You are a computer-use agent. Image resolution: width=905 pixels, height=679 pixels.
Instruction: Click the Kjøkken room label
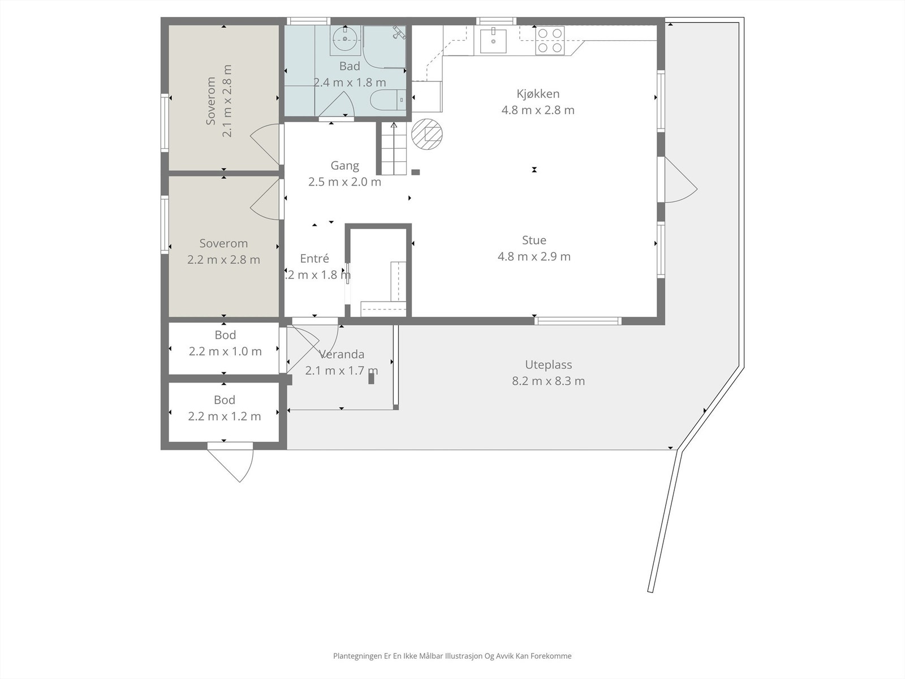click(x=538, y=94)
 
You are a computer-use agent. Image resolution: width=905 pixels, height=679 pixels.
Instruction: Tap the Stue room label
click(x=534, y=240)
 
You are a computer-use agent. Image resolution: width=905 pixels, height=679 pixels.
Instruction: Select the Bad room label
click(x=350, y=66)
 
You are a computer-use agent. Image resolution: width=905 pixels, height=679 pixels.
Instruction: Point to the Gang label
click(x=344, y=166)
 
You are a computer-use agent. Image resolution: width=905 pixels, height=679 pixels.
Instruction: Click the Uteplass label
click(x=548, y=365)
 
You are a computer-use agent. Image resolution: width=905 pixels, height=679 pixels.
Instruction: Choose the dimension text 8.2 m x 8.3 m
click(x=548, y=381)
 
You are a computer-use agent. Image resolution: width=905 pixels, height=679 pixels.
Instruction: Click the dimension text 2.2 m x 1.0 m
click(x=225, y=351)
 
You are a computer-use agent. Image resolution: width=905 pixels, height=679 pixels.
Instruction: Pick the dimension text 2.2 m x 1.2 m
click(x=225, y=416)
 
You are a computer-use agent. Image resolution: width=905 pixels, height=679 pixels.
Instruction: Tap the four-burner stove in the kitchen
click(x=550, y=40)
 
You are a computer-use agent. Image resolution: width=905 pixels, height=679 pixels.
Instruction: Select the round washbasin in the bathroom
click(x=345, y=39)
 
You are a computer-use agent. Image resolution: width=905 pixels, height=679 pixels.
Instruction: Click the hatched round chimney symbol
click(x=426, y=134)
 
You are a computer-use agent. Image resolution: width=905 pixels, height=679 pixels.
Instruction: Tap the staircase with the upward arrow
click(x=394, y=148)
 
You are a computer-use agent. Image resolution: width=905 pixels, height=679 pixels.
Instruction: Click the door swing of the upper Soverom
click(x=265, y=144)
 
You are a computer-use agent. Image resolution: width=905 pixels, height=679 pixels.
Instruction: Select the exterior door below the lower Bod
click(x=231, y=462)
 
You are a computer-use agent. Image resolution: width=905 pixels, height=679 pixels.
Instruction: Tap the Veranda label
click(x=342, y=355)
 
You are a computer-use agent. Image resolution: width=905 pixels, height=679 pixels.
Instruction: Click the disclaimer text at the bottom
click(x=453, y=655)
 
